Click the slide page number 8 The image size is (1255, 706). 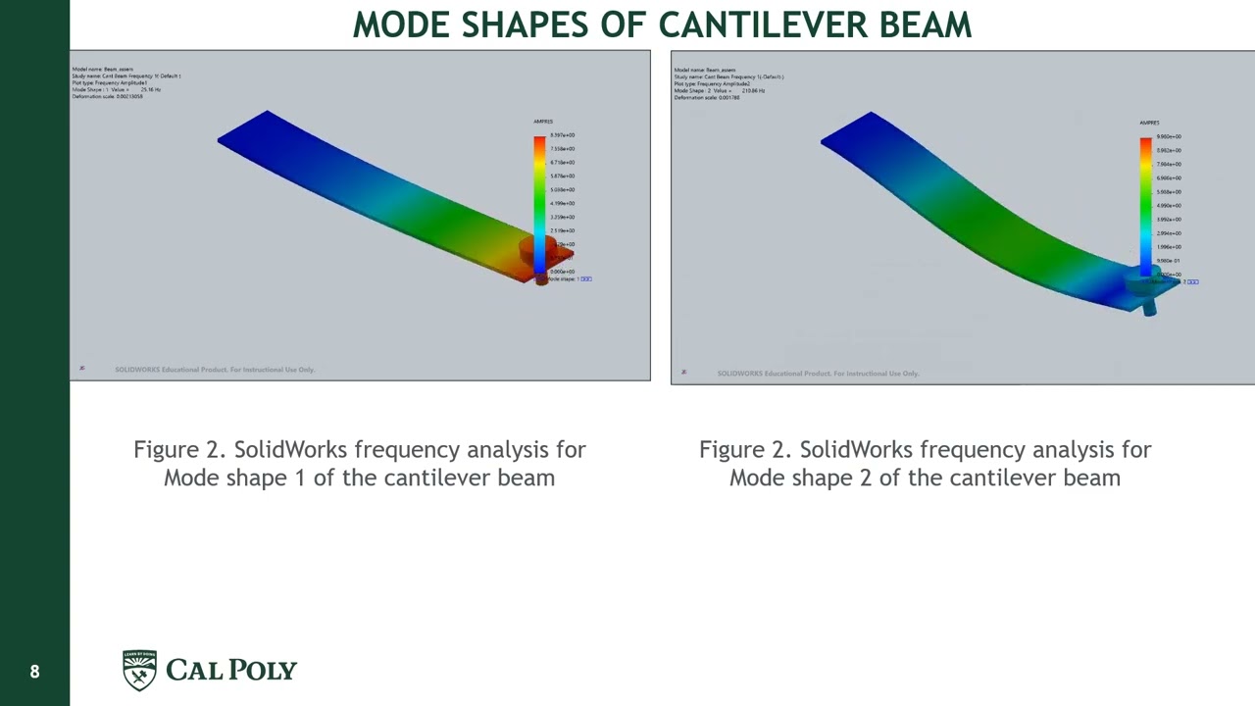coord(34,672)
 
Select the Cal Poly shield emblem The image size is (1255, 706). coord(139,670)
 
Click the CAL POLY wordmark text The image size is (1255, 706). coord(230,670)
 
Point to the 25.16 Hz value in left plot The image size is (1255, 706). coord(151,90)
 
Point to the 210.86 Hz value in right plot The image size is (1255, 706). coord(753,90)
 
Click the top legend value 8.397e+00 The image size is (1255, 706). coord(562,135)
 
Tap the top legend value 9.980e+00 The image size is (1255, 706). coord(1168,137)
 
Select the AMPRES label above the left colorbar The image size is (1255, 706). coord(543,122)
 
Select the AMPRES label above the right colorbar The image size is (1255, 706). coord(1149,123)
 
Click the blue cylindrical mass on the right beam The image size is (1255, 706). coord(1145,290)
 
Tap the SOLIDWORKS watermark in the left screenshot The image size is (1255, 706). coord(215,370)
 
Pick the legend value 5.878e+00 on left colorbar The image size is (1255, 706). coord(562,176)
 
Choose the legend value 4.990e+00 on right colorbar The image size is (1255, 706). coord(1168,206)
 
